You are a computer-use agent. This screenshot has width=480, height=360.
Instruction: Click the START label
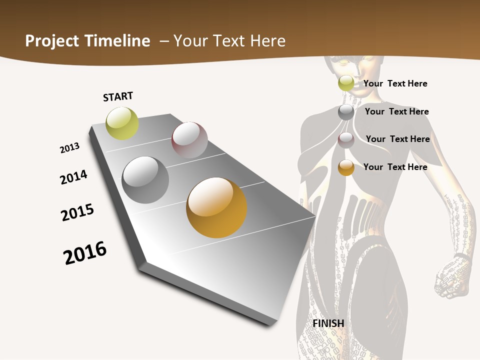[118, 96]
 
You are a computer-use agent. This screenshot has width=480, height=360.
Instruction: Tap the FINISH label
[328, 323]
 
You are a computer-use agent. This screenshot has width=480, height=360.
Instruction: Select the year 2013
[69, 148]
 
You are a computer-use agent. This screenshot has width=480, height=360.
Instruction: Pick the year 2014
[73, 177]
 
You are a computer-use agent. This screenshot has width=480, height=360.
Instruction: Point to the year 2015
[77, 212]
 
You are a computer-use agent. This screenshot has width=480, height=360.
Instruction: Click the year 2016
[85, 253]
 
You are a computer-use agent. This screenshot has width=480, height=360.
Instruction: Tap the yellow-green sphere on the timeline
[122, 123]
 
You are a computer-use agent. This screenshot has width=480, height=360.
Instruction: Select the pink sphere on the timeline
[189, 139]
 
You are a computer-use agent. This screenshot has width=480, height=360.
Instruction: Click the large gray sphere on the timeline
[145, 179]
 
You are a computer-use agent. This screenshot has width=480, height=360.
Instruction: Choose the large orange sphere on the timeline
[216, 207]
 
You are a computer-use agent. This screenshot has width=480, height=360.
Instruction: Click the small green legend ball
[346, 83]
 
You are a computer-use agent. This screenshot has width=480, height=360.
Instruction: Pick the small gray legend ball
[346, 111]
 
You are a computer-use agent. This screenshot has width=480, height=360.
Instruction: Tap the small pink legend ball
[346, 140]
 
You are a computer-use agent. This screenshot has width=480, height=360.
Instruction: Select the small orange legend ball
[346, 167]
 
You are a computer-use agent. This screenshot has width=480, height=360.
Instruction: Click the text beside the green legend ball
[395, 83]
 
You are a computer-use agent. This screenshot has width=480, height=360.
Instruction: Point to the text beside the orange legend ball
[395, 167]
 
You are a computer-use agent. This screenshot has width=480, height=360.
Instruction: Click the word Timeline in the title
[118, 41]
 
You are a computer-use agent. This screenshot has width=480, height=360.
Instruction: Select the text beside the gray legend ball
[396, 111]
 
